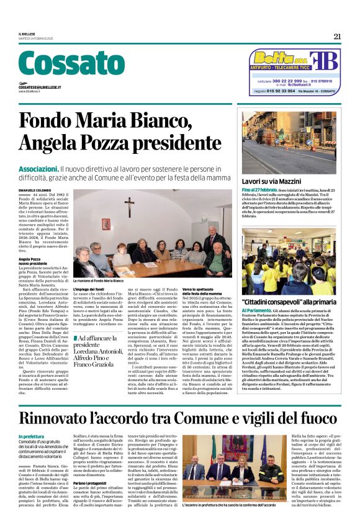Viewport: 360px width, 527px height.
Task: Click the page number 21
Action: pyautogui.click(x=336, y=36)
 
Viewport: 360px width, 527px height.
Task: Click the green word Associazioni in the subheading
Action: pyautogui.click(x=38, y=169)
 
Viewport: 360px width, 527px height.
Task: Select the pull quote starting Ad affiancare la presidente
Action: pyautogui.click(x=98, y=348)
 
